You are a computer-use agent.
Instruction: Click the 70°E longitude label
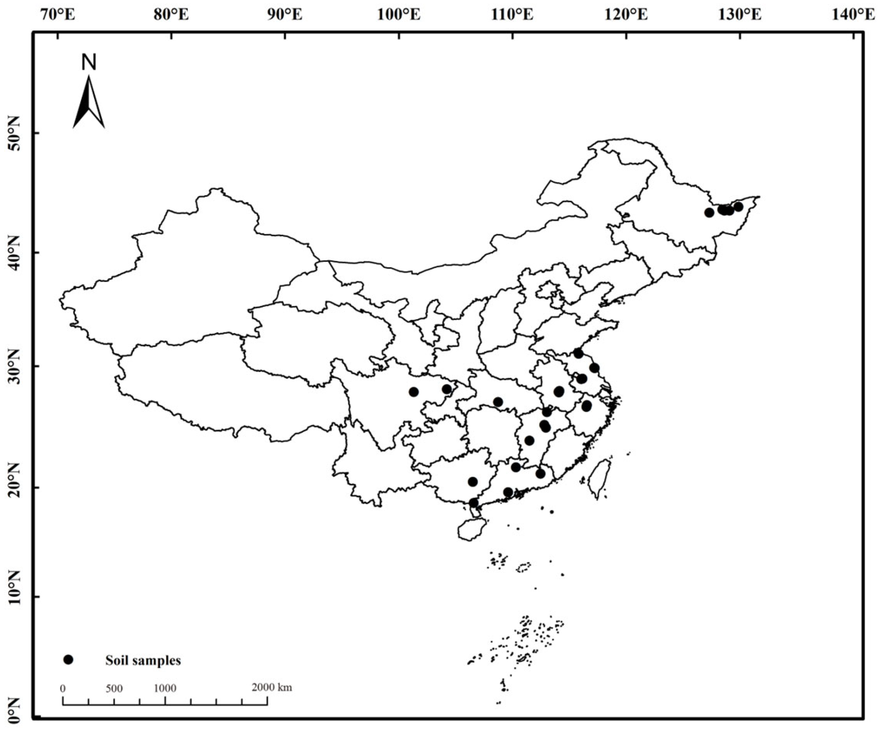point(58,16)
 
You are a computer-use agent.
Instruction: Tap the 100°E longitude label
point(398,16)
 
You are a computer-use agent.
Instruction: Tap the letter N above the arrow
point(89,62)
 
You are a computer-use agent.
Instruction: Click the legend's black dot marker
point(68,660)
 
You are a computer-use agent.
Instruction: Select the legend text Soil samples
point(143,660)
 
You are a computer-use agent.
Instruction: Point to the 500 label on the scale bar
point(114,689)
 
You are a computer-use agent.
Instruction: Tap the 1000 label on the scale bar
point(165,689)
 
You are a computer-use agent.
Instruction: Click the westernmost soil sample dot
point(414,392)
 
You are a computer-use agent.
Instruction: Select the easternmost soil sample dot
point(738,207)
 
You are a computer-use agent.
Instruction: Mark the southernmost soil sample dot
point(473,503)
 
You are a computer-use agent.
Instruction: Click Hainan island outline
point(472,529)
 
